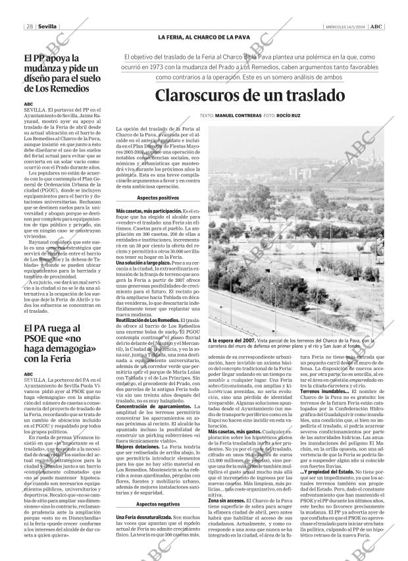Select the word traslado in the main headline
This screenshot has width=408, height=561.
(x=311, y=96)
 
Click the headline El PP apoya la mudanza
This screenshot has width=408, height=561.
(x=61, y=73)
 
